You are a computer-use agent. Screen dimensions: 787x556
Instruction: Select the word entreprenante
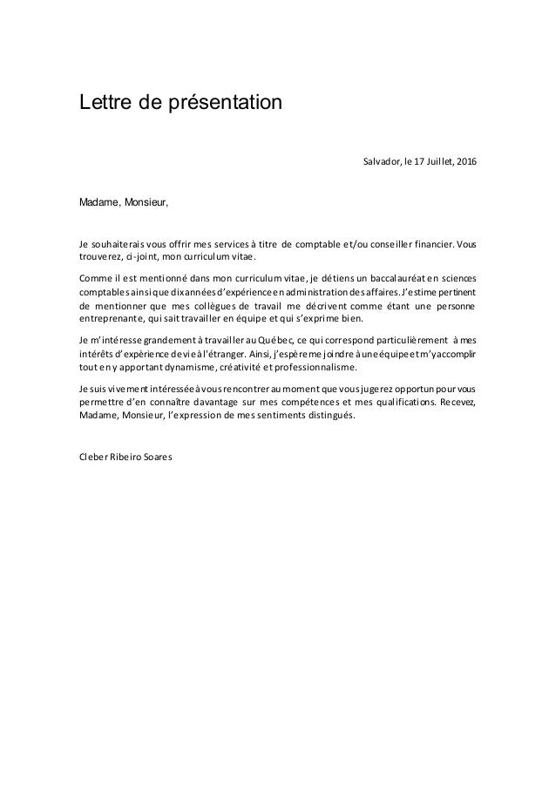[x=109, y=319]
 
